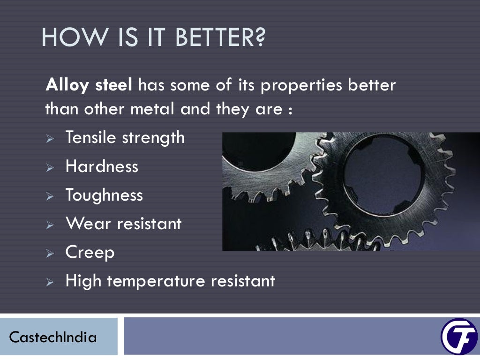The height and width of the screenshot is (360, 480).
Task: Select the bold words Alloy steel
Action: [89, 86]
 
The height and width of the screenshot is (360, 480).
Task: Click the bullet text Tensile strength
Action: [125, 138]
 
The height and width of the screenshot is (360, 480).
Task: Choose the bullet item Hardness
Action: [102, 166]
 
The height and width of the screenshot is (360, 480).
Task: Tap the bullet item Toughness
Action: [104, 195]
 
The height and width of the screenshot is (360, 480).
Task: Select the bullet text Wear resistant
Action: [123, 224]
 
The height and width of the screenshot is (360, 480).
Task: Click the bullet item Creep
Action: [90, 253]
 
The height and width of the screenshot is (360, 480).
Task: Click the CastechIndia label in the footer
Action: [53, 337]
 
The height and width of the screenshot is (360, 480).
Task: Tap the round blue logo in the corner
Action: [458, 337]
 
